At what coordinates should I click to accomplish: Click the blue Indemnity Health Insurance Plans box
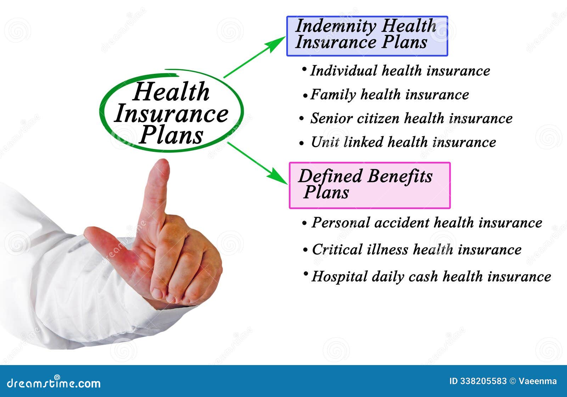point(367,36)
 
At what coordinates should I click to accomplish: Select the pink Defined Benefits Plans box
point(370,185)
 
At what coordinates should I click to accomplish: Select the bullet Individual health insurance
point(400,71)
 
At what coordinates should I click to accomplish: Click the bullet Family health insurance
point(389,94)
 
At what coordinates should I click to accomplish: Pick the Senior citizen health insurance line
point(411,118)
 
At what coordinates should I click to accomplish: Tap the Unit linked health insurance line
point(403,142)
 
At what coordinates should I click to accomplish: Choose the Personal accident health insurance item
point(426,222)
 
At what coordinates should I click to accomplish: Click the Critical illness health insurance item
point(416,249)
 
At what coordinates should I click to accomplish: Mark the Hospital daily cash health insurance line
point(431,276)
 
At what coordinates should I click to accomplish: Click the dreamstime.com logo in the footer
point(54,383)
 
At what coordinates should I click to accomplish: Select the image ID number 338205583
point(483,381)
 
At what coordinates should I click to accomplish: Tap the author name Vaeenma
point(538,381)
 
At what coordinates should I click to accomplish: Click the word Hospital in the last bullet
point(339,277)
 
